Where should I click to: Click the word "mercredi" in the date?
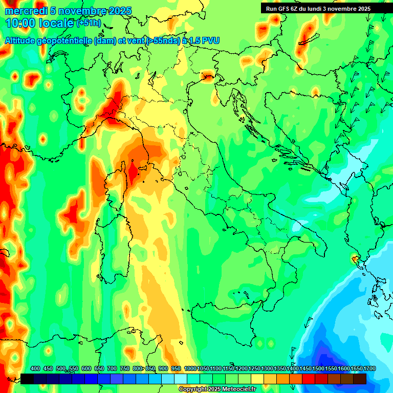point(26,11)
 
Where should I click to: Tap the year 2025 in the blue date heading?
point(119,11)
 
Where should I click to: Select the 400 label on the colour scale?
point(35,368)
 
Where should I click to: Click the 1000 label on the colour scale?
point(190,368)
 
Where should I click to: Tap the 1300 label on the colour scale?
point(267,368)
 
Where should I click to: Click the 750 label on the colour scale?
point(125,368)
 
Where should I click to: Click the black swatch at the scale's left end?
point(27,379)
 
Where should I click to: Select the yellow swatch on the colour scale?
point(257,379)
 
